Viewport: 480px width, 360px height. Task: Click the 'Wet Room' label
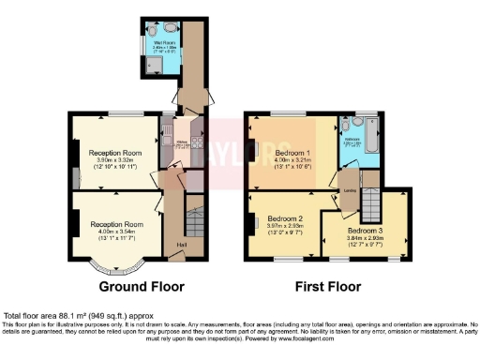click(165, 42)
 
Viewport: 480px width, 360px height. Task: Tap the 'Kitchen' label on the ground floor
click(181, 142)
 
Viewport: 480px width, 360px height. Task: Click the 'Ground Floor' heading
click(142, 286)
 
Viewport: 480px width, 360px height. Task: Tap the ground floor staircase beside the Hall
click(195, 225)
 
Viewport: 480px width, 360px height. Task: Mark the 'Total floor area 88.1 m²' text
click(79, 317)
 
